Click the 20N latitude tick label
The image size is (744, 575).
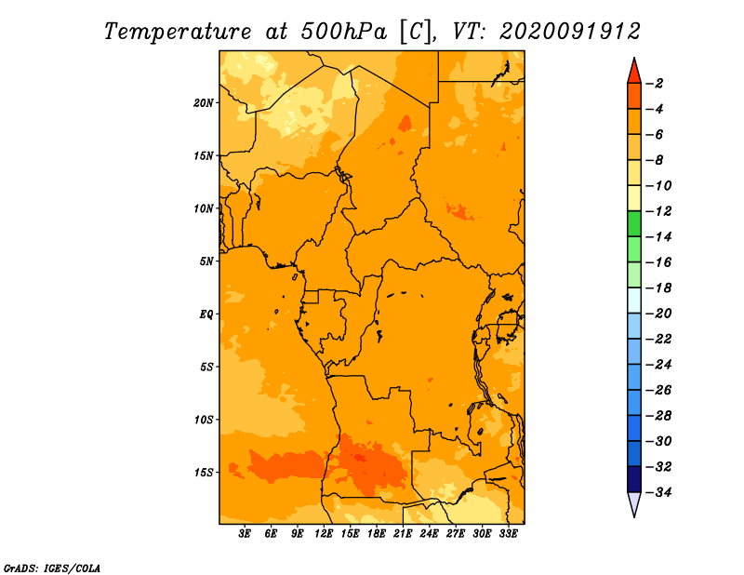(x=204, y=103)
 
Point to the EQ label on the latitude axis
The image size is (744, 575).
(x=206, y=314)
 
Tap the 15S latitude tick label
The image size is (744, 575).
(x=204, y=473)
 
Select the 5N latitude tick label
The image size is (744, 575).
(x=206, y=261)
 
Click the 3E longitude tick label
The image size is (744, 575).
(x=245, y=534)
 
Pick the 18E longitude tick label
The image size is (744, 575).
(x=377, y=534)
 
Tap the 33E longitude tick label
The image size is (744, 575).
(x=508, y=534)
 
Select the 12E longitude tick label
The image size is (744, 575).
(x=324, y=534)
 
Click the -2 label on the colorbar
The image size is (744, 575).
(x=655, y=84)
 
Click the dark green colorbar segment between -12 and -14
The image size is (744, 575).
(x=634, y=224)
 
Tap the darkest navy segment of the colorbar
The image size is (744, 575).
(x=634, y=479)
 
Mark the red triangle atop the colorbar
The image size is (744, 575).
(x=634, y=72)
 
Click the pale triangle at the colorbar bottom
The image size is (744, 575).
(x=634, y=504)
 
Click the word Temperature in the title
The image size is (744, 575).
(x=178, y=32)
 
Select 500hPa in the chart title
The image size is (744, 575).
(x=344, y=32)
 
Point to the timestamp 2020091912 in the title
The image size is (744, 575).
(x=570, y=32)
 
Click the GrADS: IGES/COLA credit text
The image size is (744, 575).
(x=52, y=568)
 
